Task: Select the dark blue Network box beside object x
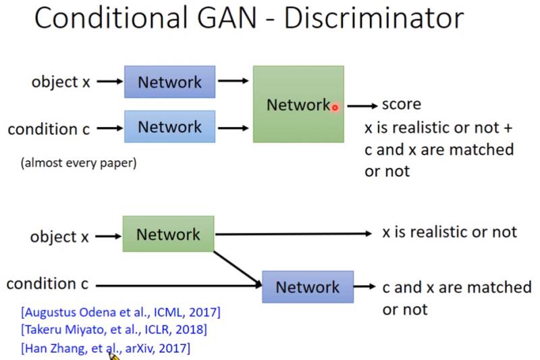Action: (169, 82)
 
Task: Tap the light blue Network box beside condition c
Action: (169, 127)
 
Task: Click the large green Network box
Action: (298, 104)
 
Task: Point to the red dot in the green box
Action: (334, 107)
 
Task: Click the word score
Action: (401, 104)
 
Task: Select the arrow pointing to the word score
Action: (363, 105)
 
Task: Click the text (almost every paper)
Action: (78, 163)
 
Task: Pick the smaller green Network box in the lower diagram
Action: (168, 234)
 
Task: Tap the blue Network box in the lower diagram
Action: (307, 286)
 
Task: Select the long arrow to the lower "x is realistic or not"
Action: (294, 234)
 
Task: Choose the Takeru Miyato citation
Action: (113, 330)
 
